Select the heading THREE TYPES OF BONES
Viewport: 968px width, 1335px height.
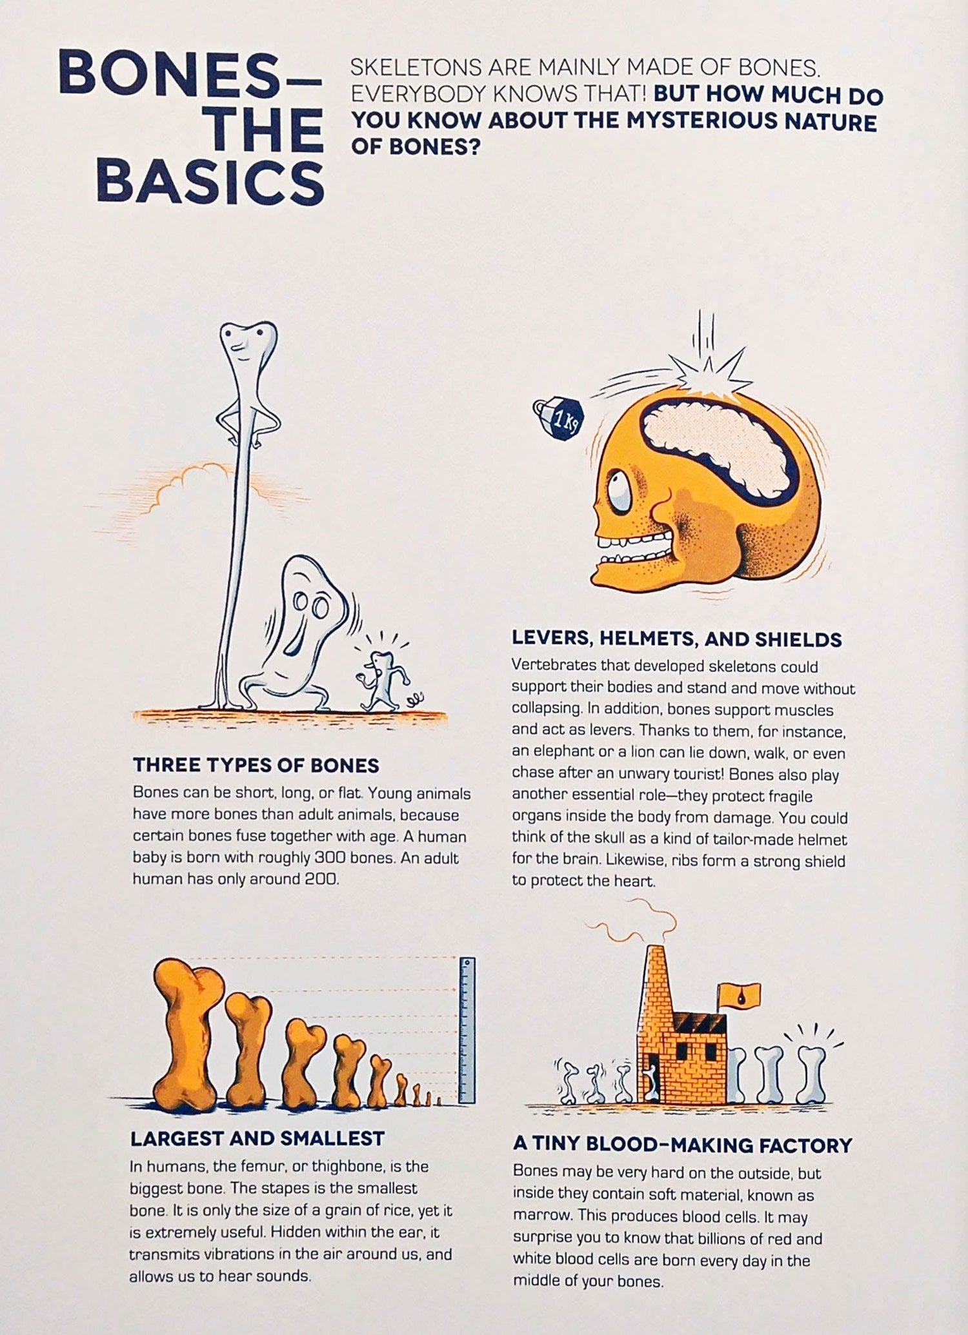(x=256, y=766)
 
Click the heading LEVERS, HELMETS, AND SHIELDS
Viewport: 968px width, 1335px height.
(x=677, y=639)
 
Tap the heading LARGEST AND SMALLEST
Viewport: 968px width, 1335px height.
(x=257, y=1139)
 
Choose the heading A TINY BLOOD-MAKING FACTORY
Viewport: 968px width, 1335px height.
(x=683, y=1145)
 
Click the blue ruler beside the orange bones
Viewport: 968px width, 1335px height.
(x=467, y=1030)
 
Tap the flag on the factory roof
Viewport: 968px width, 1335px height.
(x=739, y=995)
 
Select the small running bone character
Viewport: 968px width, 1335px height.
(x=385, y=680)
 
